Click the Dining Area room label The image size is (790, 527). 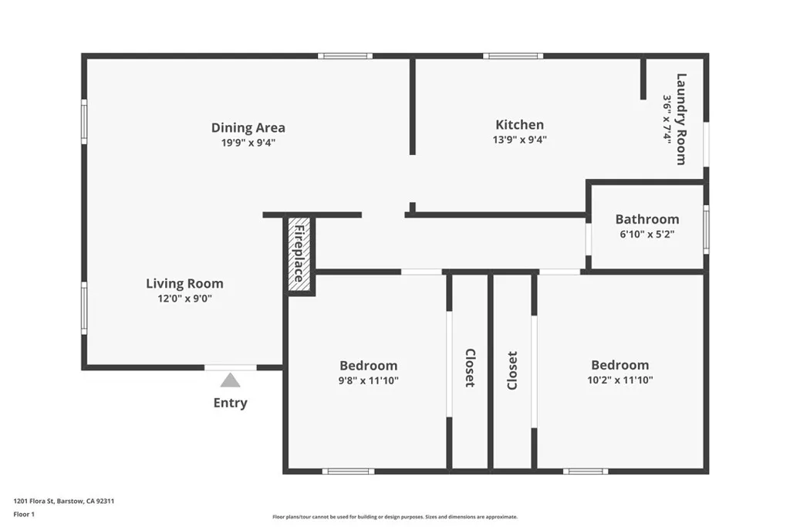pos(248,127)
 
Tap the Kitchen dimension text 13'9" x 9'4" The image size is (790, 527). pos(519,140)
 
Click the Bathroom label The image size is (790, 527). pos(647,219)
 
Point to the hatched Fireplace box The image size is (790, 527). pos(299,254)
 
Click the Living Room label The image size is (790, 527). pos(184,283)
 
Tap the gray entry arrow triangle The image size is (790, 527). pos(230,380)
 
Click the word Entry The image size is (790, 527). pos(230,403)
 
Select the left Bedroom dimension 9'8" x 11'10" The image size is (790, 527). pos(368,380)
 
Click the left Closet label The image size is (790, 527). pos(469,368)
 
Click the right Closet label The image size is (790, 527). pos(512,370)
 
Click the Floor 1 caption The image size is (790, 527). pos(25,514)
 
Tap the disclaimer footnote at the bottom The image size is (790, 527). pos(394,517)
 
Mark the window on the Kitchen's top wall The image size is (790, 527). pos(513,56)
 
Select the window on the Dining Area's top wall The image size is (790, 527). pos(345,56)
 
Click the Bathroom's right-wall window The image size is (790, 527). pos(706,229)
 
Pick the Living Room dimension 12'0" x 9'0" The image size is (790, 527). pos(184,298)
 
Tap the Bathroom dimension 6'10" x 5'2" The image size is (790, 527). pos(647,234)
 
